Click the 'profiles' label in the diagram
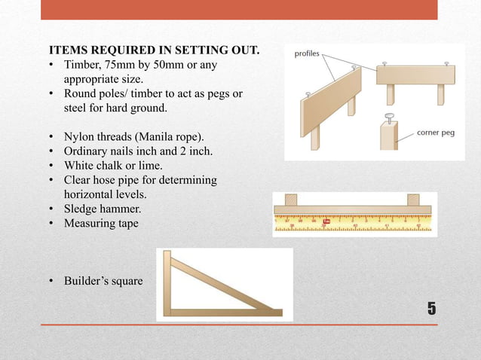(308, 53)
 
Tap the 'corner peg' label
(435, 133)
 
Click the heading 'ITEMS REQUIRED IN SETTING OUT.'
(154, 51)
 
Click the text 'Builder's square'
(103, 281)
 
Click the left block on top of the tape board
(290, 200)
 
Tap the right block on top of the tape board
(413, 200)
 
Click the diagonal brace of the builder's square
(222, 282)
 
